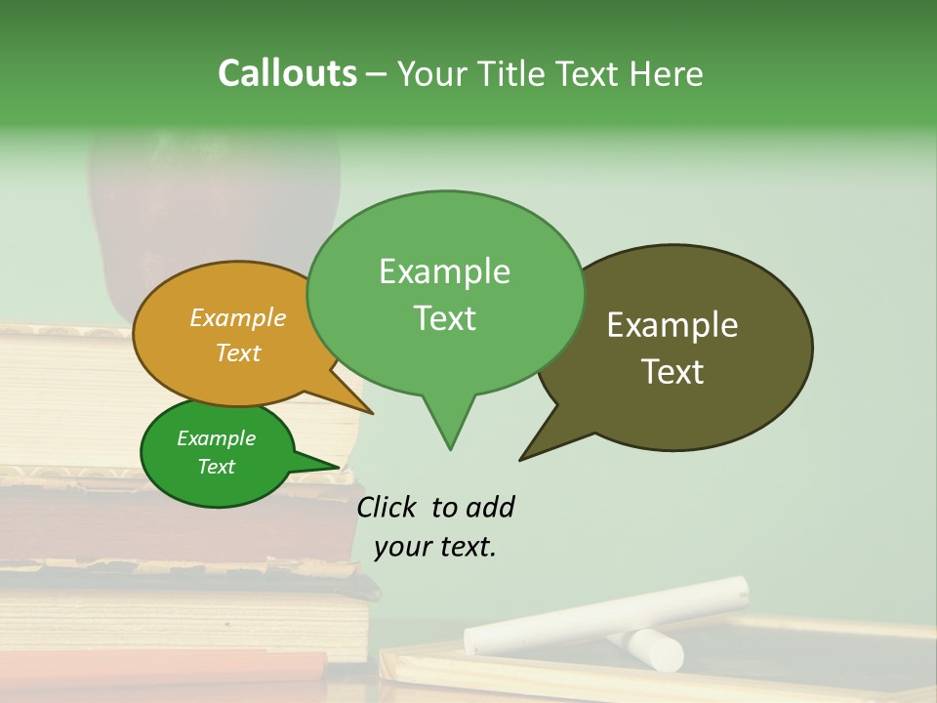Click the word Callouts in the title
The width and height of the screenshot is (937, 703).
287,73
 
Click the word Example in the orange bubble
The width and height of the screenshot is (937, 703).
237,317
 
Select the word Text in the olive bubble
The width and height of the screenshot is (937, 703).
672,372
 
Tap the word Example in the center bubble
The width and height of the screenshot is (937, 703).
444,271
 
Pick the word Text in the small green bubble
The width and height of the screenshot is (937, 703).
217,467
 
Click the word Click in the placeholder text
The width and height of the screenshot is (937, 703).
386,507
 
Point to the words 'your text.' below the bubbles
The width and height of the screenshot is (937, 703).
435,547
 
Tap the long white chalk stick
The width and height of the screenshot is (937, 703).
605,614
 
